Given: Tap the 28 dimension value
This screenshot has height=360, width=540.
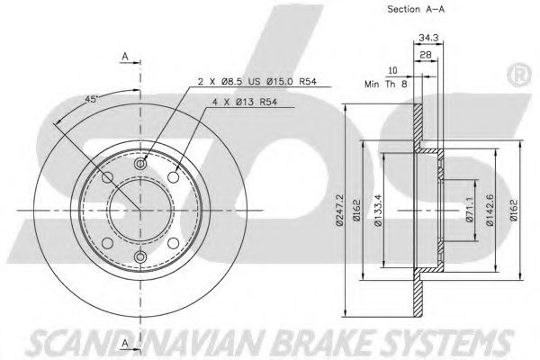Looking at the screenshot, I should (426, 55).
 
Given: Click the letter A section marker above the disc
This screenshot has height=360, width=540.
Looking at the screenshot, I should (126, 58).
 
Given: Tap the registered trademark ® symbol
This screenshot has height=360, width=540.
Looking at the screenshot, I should (519, 70).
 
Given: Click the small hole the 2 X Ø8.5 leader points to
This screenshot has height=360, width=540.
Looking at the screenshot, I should (139, 166).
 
